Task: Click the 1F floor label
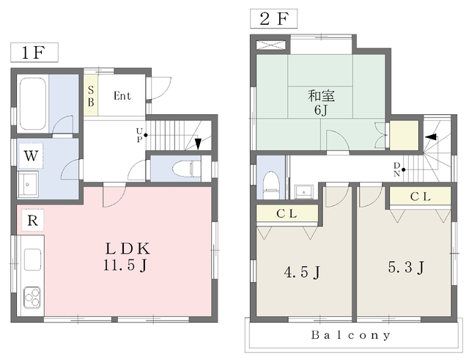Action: coord(34,53)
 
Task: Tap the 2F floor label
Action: coord(273,19)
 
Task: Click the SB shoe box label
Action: coord(91,96)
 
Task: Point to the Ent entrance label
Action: coord(122,96)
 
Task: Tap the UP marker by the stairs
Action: coord(139,135)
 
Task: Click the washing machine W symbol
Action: coord(31,156)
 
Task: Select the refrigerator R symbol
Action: coord(32,221)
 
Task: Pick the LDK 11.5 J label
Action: coord(126,257)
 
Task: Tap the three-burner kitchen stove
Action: coord(32,297)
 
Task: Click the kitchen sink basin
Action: coord(32,259)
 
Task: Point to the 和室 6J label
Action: coord(321,103)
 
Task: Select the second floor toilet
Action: coord(271,185)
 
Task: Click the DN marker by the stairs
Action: coord(396,169)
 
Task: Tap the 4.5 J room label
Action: coord(302,272)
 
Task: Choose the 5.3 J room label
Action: coord(406,267)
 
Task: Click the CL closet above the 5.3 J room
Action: coord(420,196)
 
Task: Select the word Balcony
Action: coord(351,335)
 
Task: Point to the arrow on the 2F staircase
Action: coord(431,137)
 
